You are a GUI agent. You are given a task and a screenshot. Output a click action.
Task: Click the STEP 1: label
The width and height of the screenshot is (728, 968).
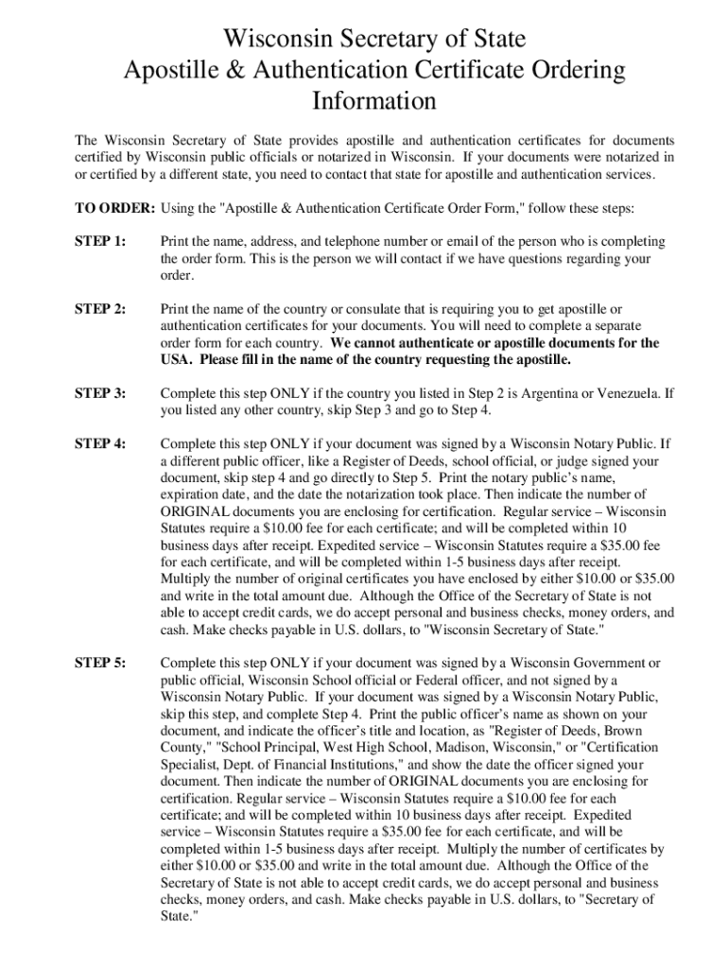pos(99,242)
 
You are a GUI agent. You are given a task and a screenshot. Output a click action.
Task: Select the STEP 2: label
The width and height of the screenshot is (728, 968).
pos(99,309)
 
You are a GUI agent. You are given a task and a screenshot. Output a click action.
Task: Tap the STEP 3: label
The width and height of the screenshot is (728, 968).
pos(99,393)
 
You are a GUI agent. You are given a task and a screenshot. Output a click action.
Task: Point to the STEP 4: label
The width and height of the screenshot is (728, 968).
pos(99,443)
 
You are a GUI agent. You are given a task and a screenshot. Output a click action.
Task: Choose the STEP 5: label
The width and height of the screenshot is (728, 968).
pos(99,663)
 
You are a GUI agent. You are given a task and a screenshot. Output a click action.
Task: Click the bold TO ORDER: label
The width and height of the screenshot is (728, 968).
pos(116,208)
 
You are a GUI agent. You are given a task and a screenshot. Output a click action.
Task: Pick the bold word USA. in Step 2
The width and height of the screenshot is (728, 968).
pos(179,360)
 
